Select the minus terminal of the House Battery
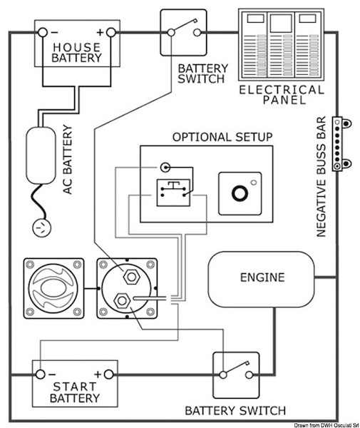44,32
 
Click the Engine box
262,277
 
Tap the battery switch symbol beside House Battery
182,33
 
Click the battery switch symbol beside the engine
235,374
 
